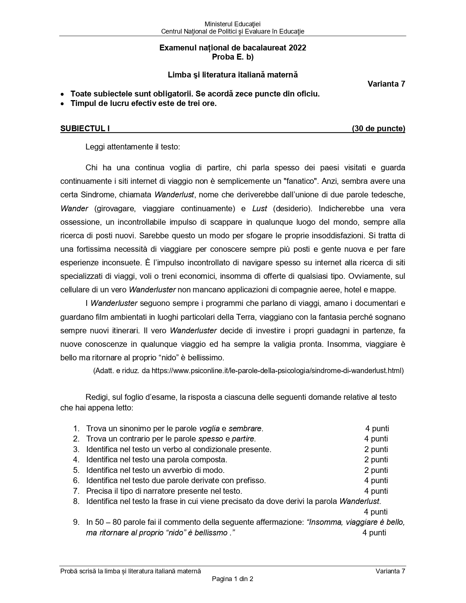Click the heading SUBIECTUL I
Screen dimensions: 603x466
[x=85, y=129]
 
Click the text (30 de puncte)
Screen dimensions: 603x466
[x=378, y=129]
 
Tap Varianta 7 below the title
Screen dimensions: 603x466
[x=386, y=84]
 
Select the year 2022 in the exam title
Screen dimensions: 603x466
[x=297, y=48]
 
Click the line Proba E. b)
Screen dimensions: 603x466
[x=233, y=57]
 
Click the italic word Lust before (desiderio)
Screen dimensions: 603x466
[x=259, y=209]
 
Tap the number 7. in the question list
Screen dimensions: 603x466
[x=76, y=491]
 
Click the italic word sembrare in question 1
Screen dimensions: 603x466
[x=245, y=428]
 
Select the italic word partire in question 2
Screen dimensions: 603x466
[x=243, y=439]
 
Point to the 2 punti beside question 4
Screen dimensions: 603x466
[x=376, y=460]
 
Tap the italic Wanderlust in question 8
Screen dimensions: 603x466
[x=360, y=501]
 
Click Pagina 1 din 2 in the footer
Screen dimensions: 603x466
[x=233, y=579]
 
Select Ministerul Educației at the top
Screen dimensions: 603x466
[x=233, y=24]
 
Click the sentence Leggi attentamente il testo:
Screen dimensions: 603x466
[x=133, y=147]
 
